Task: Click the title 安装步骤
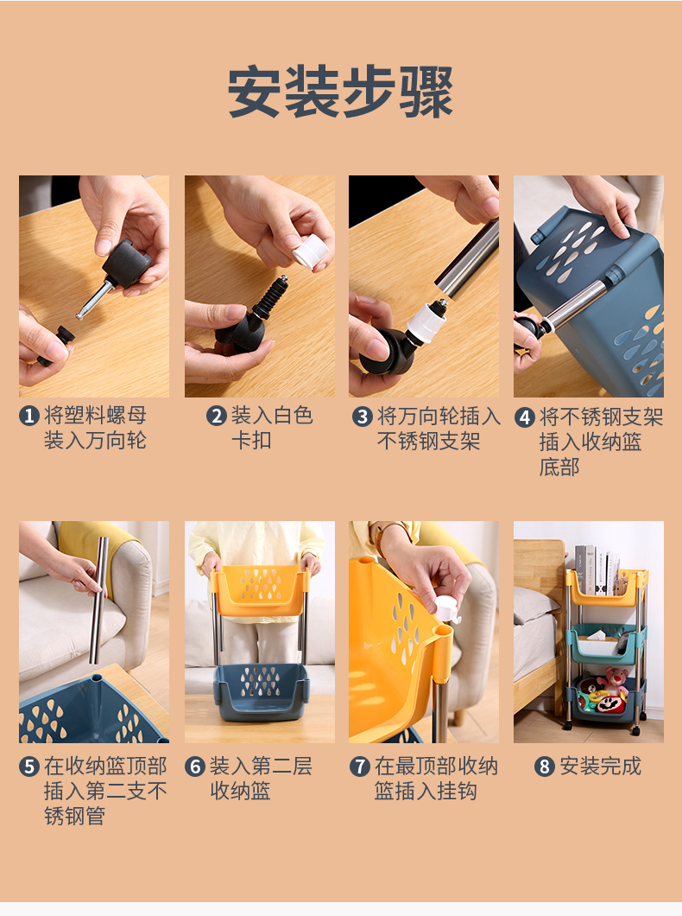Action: tap(341, 92)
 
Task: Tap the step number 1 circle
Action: tap(29, 417)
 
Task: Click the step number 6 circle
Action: tap(195, 767)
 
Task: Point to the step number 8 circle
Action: tap(544, 767)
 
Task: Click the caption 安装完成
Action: tap(600, 767)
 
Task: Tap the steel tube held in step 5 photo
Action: tap(98, 596)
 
